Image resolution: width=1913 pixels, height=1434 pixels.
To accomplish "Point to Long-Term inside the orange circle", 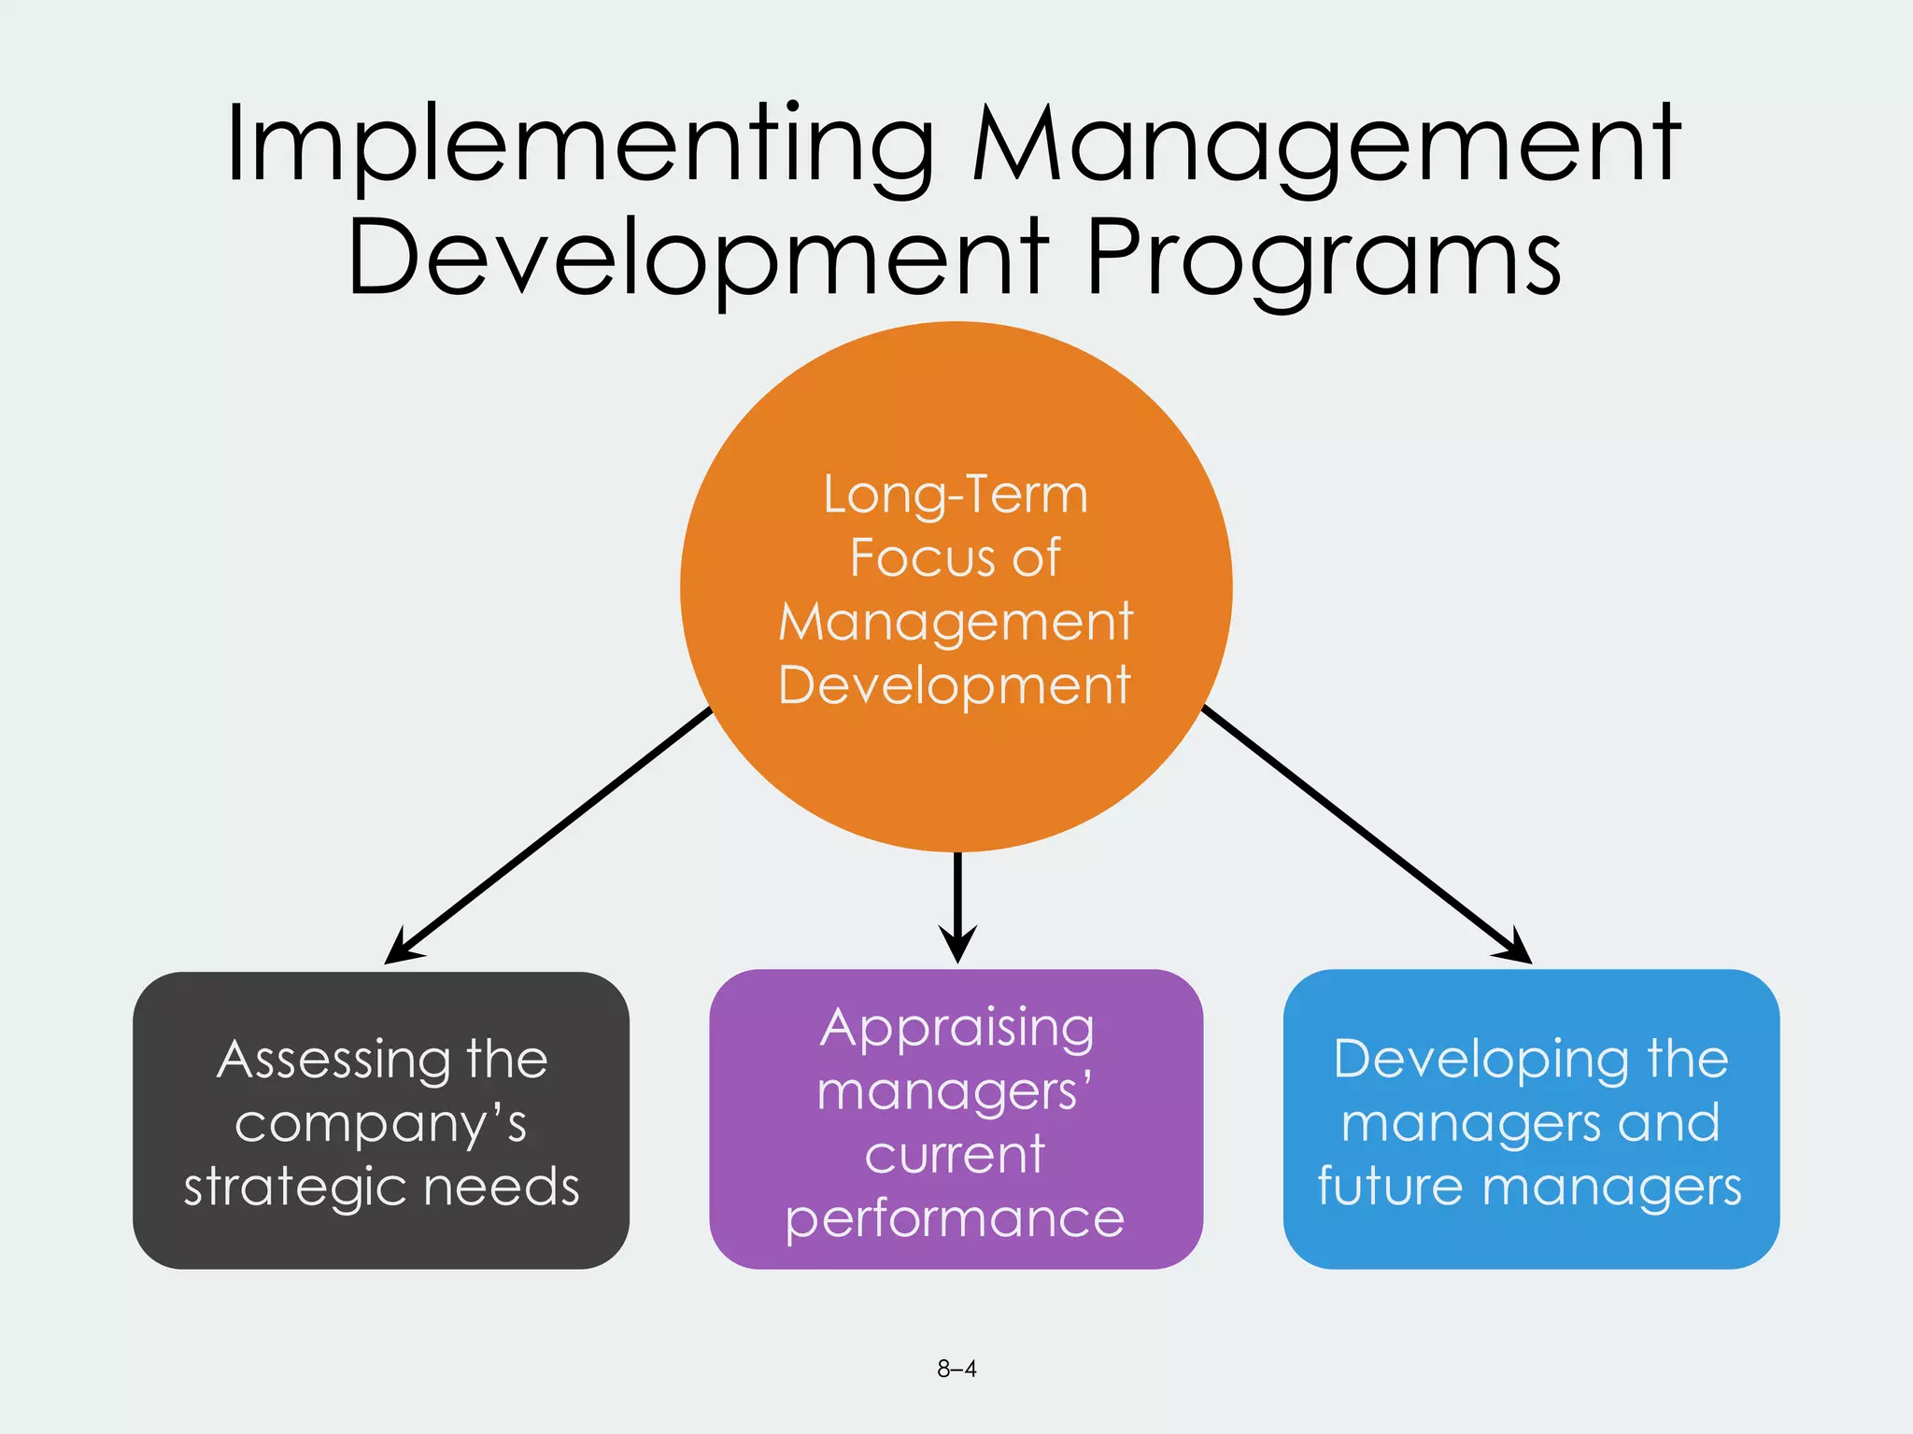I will [956, 495].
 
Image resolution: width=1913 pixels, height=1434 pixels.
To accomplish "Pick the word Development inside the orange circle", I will [955, 686].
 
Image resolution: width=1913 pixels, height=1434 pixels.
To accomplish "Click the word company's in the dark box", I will [381, 1123].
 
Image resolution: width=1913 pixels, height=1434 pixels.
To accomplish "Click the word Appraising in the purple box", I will [956, 1030].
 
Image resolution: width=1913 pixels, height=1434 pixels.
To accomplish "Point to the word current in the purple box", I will [955, 1155].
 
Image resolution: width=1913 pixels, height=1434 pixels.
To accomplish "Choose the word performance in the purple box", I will [955, 1219].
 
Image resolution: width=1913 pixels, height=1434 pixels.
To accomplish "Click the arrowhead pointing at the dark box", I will [402, 949].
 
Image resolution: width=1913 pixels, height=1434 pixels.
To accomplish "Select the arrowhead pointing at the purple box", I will [957, 945].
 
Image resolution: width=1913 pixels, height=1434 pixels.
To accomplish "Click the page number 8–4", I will [956, 1369].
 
